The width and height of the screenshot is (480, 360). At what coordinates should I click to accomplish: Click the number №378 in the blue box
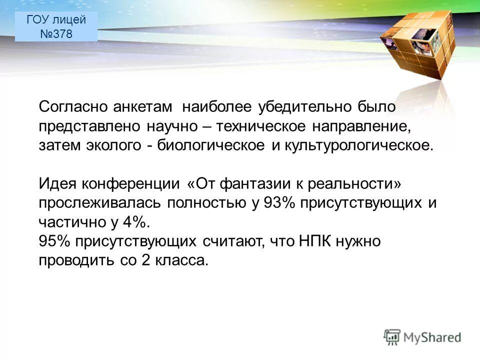click(x=56, y=34)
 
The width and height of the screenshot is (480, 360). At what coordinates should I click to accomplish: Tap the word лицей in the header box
click(x=69, y=19)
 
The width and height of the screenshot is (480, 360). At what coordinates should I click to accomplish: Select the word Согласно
click(x=71, y=107)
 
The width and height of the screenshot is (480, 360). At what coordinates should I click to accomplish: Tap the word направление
click(x=362, y=126)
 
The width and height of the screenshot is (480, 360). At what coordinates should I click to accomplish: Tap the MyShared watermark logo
click(x=422, y=336)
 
